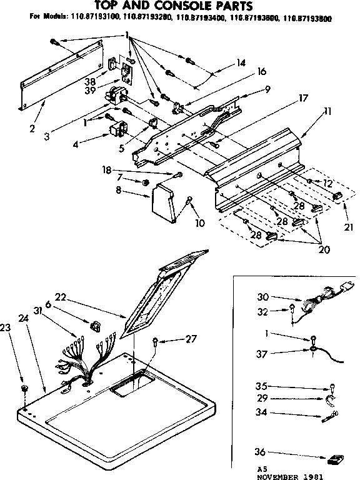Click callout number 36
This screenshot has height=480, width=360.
[260, 452]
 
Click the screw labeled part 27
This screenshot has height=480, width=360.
[156, 341]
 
